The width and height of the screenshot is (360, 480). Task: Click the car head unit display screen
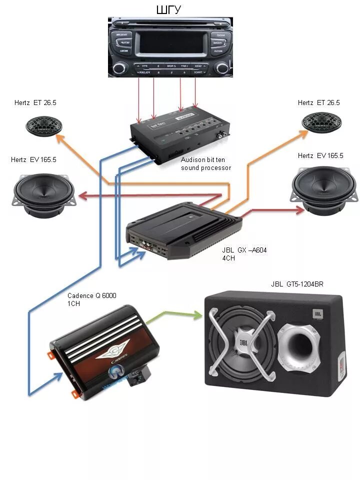point(171,42)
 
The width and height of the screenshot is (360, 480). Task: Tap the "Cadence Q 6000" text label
point(92,296)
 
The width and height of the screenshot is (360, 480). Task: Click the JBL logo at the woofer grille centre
point(243,343)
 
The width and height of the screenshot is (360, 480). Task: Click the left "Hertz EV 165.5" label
point(33,160)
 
